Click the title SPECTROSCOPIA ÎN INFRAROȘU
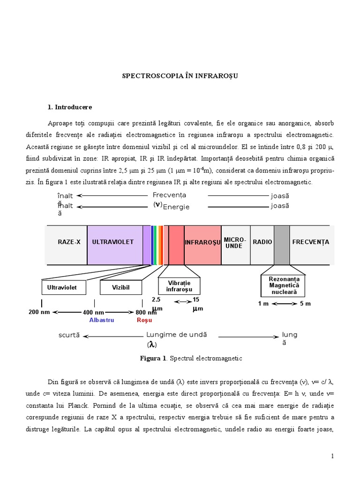coord(180,75)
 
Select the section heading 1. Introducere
coord(70,107)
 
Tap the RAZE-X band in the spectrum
coord(69,242)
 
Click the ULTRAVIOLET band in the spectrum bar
coord(113,242)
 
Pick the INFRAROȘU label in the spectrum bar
coord(202,243)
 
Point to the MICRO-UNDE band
coord(235,243)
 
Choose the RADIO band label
coord(262,242)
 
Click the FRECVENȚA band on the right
coord(310,242)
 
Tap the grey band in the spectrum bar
coord(282,245)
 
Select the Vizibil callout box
coord(121,287)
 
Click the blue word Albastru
coord(102,320)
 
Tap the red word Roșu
coord(144,320)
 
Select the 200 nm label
coord(39,312)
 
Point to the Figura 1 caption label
coord(153,359)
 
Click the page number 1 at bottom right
coord(332,456)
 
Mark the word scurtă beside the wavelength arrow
coord(69,336)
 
